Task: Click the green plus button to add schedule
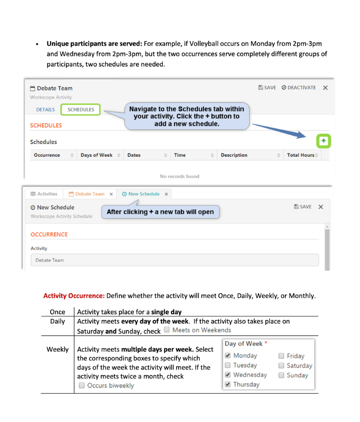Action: [324, 141]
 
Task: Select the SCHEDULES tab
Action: [81, 109]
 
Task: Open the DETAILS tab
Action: [45, 109]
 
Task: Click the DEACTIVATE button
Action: [298, 88]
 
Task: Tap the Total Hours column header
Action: [301, 155]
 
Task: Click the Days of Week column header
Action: [96, 155]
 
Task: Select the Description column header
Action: [234, 155]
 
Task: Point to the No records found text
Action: [180, 176]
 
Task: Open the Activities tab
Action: [44, 194]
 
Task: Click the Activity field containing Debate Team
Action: [174, 260]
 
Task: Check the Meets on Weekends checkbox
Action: [167, 330]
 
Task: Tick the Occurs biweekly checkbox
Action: [82, 385]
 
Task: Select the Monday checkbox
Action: [228, 356]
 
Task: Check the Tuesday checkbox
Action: [228, 365]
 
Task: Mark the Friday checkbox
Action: [281, 356]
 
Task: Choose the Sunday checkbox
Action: [281, 375]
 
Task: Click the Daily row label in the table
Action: [57, 322]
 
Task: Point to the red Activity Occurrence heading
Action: [74, 296]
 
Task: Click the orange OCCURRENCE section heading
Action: [49, 234]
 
